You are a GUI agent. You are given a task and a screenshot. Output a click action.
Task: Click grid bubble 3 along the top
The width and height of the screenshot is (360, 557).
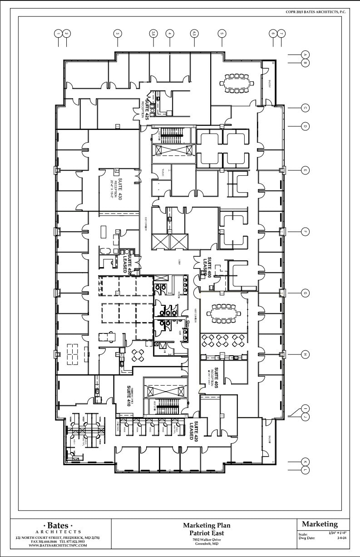pos(118,33)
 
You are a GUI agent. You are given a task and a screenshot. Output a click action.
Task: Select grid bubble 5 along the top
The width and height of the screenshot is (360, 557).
pos(222,33)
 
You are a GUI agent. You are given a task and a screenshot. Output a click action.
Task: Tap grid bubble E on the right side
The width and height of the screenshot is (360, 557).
pos(306,170)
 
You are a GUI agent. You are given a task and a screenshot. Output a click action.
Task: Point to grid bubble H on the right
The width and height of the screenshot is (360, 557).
pos(306,354)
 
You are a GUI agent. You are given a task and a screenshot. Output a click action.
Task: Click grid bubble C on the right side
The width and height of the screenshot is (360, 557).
pos(306,108)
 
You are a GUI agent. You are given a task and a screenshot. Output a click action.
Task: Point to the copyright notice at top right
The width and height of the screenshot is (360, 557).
pos(316,12)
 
